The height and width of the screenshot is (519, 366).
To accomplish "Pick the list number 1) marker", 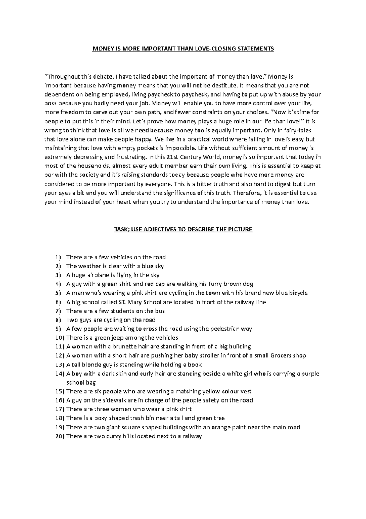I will [x=58, y=257].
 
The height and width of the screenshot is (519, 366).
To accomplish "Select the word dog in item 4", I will [x=248, y=284].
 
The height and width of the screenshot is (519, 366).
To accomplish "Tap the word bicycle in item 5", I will [x=297, y=293].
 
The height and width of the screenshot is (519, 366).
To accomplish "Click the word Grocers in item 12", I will [x=281, y=355].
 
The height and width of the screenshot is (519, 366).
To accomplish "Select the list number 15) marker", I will [x=60, y=391].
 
